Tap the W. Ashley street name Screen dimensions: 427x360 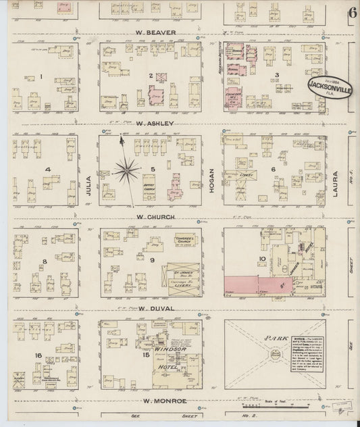pyautogui.click(x=155, y=124)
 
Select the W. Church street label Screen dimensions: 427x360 pyautogui.click(x=156, y=217)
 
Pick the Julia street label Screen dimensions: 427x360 pyautogui.click(x=88, y=185)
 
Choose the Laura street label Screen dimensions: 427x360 pyautogui.click(x=336, y=182)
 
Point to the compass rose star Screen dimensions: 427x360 pyautogui.click(x=125, y=170)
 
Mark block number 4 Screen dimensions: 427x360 pyautogui.click(x=47, y=169)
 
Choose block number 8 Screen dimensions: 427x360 pyautogui.click(x=44, y=261)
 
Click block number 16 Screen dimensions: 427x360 pyautogui.click(x=39, y=355)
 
